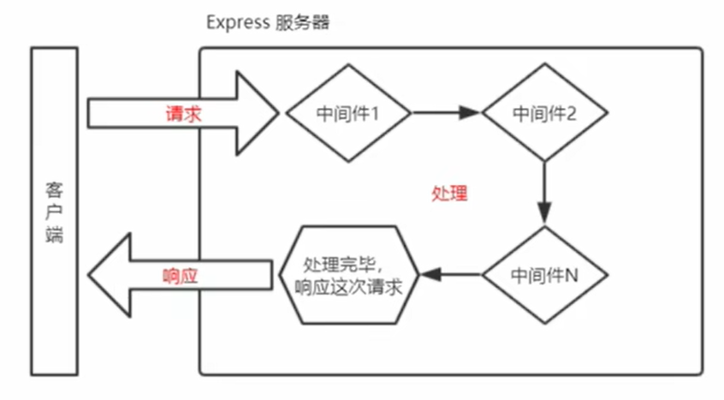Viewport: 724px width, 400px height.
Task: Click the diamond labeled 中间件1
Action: (347, 112)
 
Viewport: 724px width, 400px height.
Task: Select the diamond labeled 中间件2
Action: (545, 112)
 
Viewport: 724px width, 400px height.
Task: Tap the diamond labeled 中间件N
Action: (545, 274)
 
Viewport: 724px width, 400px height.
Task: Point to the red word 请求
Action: (183, 112)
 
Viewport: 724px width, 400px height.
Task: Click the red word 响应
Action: (181, 276)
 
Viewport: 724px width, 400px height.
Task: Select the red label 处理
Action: (449, 193)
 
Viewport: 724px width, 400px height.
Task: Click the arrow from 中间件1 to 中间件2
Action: (445, 112)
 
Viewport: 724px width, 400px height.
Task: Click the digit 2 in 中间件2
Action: (576, 113)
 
